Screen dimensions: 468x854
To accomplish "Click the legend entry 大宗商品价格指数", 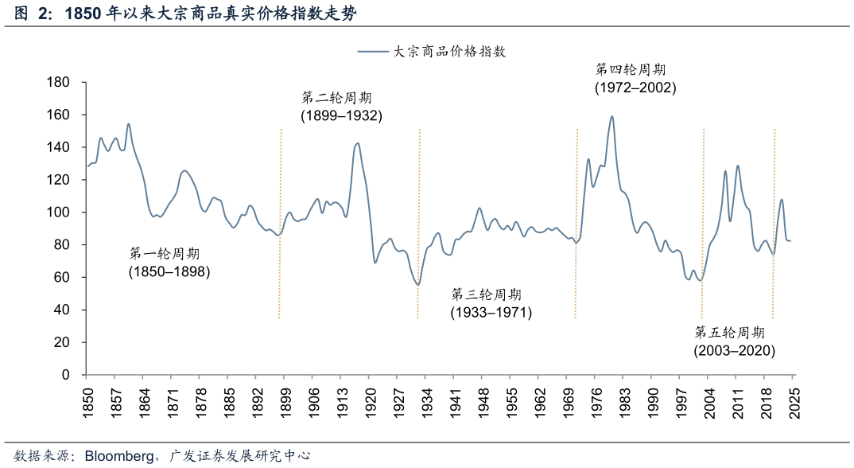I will point(450,51).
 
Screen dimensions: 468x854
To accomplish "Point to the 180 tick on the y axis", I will point(59,83).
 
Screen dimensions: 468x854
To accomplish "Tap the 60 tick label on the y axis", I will point(62,278).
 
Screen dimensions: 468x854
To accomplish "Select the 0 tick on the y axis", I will point(66,375).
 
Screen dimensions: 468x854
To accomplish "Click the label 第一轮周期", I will point(165,254).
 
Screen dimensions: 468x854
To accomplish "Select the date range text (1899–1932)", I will point(341,116).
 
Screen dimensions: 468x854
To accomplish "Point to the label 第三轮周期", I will point(487,294).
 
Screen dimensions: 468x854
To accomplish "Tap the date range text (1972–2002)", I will point(635,88).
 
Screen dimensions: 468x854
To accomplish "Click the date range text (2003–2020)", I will point(734,350).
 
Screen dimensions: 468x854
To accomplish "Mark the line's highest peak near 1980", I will point(611,117).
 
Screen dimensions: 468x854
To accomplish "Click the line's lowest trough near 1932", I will point(418,285).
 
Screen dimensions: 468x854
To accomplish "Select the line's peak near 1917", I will point(357,143).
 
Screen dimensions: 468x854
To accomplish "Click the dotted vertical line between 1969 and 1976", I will point(576,223).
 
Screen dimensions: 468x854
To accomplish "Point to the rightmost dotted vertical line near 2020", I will point(774,223).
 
